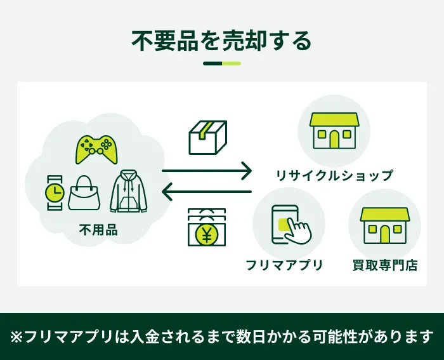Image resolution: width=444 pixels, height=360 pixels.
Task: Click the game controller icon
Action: click(x=97, y=149)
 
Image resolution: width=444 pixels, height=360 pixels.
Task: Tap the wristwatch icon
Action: click(x=55, y=191)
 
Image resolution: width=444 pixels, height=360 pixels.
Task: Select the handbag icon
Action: click(x=84, y=194)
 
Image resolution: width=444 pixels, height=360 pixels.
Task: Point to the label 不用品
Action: click(x=98, y=230)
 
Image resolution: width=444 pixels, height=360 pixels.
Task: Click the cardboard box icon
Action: click(x=207, y=137)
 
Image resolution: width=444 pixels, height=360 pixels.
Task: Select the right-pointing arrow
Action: click(x=207, y=170)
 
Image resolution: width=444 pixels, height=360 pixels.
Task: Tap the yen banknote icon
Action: click(x=207, y=228)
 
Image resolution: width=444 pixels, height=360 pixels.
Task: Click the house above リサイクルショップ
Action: click(x=334, y=130)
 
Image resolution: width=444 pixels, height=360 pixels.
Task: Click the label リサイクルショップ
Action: click(x=334, y=175)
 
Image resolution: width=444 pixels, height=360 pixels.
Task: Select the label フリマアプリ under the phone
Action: click(x=285, y=265)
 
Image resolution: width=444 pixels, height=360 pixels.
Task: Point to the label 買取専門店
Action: click(x=385, y=265)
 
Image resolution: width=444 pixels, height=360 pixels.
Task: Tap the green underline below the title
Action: click(x=222, y=63)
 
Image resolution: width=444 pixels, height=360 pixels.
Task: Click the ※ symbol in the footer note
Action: click(x=16, y=336)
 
